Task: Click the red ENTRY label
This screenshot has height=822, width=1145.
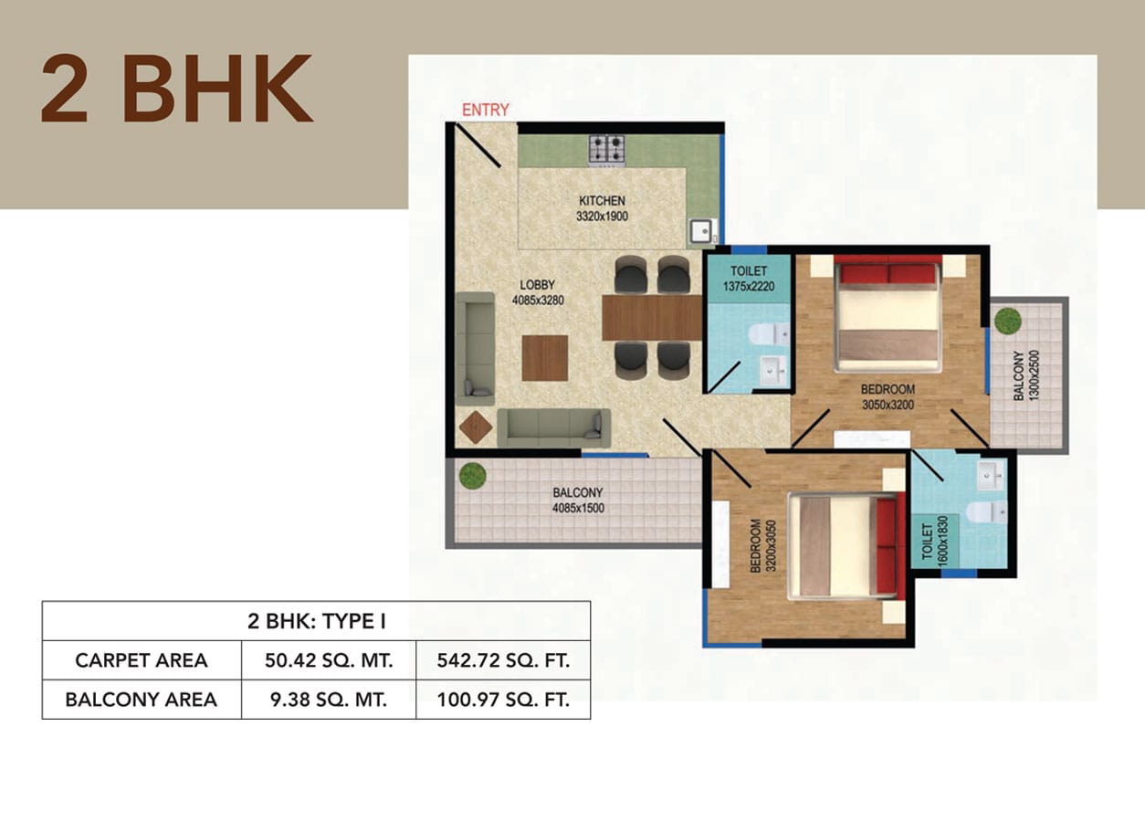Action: tap(485, 110)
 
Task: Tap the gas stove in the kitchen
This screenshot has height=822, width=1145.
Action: tap(606, 150)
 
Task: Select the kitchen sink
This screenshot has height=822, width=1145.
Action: tap(702, 231)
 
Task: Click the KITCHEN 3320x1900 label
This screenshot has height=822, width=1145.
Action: tap(602, 208)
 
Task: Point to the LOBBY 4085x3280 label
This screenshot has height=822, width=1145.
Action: tap(538, 292)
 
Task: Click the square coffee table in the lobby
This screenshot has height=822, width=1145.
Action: tap(545, 358)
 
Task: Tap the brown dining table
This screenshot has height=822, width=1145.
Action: tap(652, 318)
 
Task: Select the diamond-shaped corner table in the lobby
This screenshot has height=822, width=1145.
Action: tap(476, 427)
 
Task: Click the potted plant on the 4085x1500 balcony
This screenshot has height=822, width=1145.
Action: tap(472, 476)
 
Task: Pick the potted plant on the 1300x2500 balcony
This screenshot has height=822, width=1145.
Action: tap(1008, 321)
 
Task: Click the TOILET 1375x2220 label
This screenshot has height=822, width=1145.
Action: tap(749, 279)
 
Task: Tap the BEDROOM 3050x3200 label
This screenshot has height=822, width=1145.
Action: tap(888, 397)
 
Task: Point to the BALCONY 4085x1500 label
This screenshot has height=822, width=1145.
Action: tap(578, 500)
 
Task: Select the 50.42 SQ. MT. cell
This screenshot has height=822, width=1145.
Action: tap(329, 660)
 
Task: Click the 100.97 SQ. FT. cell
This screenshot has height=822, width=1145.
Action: tap(503, 700)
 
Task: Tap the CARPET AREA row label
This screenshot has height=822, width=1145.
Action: tap(142, 660)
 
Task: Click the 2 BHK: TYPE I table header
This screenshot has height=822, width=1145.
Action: tap(317, 621)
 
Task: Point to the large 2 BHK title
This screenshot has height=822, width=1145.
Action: tap(177, 89)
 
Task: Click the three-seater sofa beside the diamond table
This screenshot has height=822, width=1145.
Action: tap(554, 427)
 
